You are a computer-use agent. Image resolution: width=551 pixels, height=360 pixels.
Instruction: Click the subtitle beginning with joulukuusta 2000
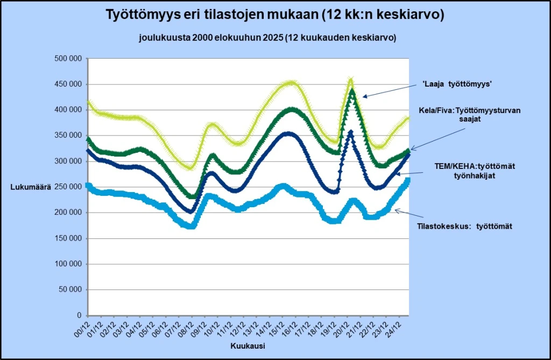coord(267,38)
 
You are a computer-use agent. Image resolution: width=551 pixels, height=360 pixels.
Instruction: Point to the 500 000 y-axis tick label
coord(68,59)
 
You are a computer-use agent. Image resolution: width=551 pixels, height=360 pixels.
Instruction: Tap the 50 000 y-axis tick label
coord(70,290)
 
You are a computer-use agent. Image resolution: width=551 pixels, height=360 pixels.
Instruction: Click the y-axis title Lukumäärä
coord(31,187)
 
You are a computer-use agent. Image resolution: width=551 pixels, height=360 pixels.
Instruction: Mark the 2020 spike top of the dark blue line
coord(351,132)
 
